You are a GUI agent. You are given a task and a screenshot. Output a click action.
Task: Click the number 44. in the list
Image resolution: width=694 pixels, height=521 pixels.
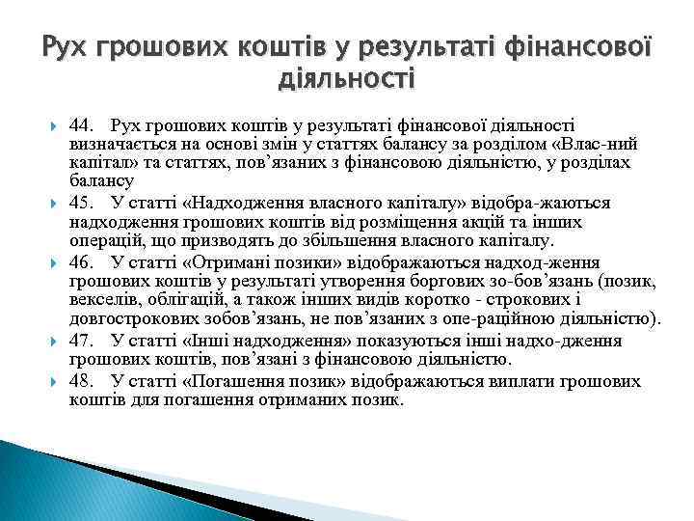82,124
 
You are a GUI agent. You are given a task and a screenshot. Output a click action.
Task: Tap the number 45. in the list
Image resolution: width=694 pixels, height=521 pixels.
82,204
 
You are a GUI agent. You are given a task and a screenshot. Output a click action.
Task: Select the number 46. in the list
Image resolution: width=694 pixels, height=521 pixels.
82,261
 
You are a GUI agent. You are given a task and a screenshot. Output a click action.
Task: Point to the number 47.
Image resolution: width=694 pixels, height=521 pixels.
82,341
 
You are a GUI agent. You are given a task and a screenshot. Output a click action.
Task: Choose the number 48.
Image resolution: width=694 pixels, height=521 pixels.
82,380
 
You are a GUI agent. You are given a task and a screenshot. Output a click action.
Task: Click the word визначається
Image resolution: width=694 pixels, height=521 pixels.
116,144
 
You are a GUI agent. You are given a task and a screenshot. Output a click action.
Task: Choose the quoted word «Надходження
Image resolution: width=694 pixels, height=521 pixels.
234,204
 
